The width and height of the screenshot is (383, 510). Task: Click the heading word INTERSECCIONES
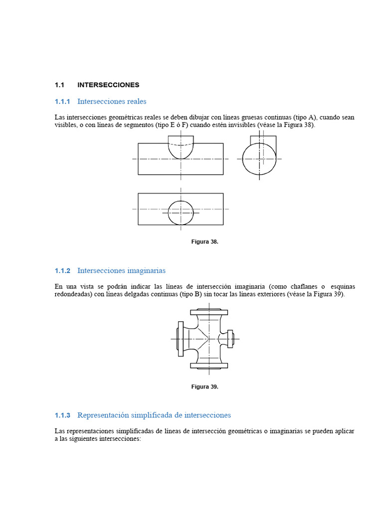[x=108, y=85]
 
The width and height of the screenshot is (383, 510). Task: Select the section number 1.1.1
[x=63, y=102]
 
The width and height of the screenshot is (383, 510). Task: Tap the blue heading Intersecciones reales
[x=112, y=102]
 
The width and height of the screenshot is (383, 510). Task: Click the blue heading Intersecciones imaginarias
[x=121, y=270]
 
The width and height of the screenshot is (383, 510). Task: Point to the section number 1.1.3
[x=63, y=415]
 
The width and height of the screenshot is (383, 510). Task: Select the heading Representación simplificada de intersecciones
[x=154, y=415]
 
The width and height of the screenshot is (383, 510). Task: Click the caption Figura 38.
[x=205, y=242]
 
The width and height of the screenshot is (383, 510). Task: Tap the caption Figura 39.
[x=205, y=386]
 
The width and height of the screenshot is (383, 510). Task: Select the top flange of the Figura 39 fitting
[x=208, y=312]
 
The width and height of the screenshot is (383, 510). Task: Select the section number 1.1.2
[x=63, y=270]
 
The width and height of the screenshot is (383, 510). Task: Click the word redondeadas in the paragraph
[x=74, y=294]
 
